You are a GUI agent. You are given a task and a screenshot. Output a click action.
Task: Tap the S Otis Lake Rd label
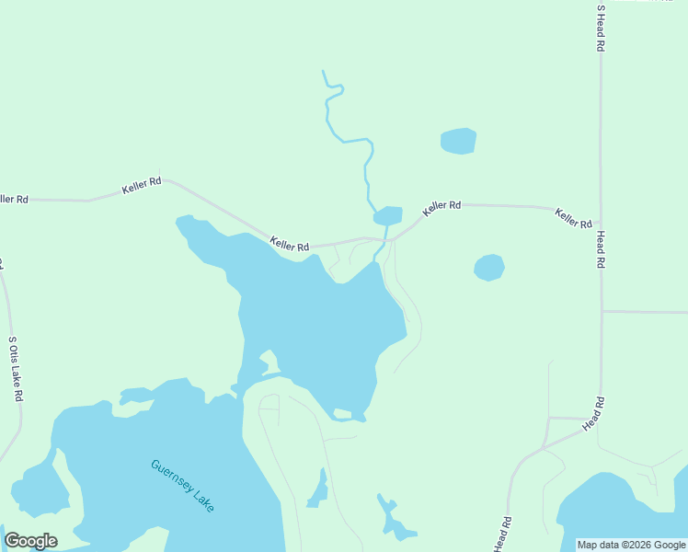coord(15,368)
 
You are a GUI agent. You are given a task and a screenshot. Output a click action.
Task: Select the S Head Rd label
coord(601,27)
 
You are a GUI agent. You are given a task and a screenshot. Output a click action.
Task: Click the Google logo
coord(31,540)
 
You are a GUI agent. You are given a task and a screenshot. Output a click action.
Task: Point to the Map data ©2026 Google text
coord(631,545)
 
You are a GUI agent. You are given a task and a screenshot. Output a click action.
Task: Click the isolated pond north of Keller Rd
coord(458,141)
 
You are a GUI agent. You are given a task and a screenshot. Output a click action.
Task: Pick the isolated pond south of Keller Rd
coord(489,268)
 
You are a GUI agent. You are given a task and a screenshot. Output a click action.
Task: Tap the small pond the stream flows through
coord(388,216)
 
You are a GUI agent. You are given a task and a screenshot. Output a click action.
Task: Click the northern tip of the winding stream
coord(323,71)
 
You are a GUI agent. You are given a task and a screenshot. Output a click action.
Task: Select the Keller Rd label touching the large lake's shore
coord(290,245)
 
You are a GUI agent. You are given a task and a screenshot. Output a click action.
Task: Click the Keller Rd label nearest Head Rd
coord(573,219)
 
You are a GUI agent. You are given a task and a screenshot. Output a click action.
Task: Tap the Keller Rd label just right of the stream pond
coord(441,209)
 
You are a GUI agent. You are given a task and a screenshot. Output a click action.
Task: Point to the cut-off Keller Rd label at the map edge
coord(13,199)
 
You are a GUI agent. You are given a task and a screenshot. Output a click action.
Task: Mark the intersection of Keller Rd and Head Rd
coord(601,223)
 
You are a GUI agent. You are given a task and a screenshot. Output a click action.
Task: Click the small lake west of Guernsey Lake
coord(37,488)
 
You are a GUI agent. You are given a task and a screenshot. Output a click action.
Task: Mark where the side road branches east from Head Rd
coord(602,311)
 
